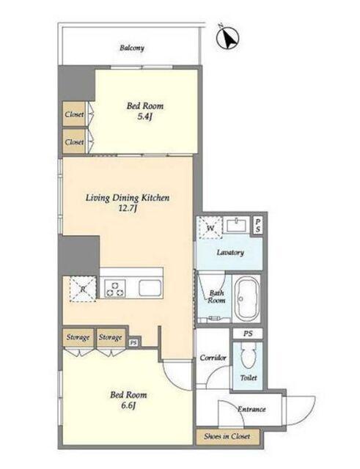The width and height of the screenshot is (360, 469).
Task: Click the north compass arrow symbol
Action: tap(228, 37)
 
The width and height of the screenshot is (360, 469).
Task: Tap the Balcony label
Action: tap(132, 48)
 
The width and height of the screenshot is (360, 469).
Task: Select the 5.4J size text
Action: tap(145, 117)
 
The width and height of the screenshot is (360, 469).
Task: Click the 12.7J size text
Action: tap(128, 208)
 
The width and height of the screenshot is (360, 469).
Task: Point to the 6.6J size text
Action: tap(129, 406)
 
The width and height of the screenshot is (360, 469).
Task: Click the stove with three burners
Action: tap(115, 288)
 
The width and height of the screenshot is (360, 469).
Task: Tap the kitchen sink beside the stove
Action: tap(150, 288)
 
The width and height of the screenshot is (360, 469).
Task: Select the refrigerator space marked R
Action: tap(83, 289)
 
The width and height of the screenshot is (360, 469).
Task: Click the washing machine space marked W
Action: tap(210, 228)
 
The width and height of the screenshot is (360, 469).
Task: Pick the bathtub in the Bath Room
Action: tap(247, 298)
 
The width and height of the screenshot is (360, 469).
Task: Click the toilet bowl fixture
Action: tap(248, 355)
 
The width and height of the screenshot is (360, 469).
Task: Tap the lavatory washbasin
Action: tap(238, 225)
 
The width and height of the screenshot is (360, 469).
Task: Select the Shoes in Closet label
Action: tap(227, 437)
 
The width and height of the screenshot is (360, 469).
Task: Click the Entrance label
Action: tap(251, 409)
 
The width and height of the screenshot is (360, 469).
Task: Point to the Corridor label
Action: tap(213, 358)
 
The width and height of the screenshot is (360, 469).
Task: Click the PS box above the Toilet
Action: tap(248, 333)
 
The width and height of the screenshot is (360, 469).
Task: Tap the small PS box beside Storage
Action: tap(133, 343)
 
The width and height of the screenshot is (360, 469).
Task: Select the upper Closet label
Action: tap(74, 114)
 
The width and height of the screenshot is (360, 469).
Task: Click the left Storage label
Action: tap(78, 337)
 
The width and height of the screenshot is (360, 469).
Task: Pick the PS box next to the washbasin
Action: tap(258, 225)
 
